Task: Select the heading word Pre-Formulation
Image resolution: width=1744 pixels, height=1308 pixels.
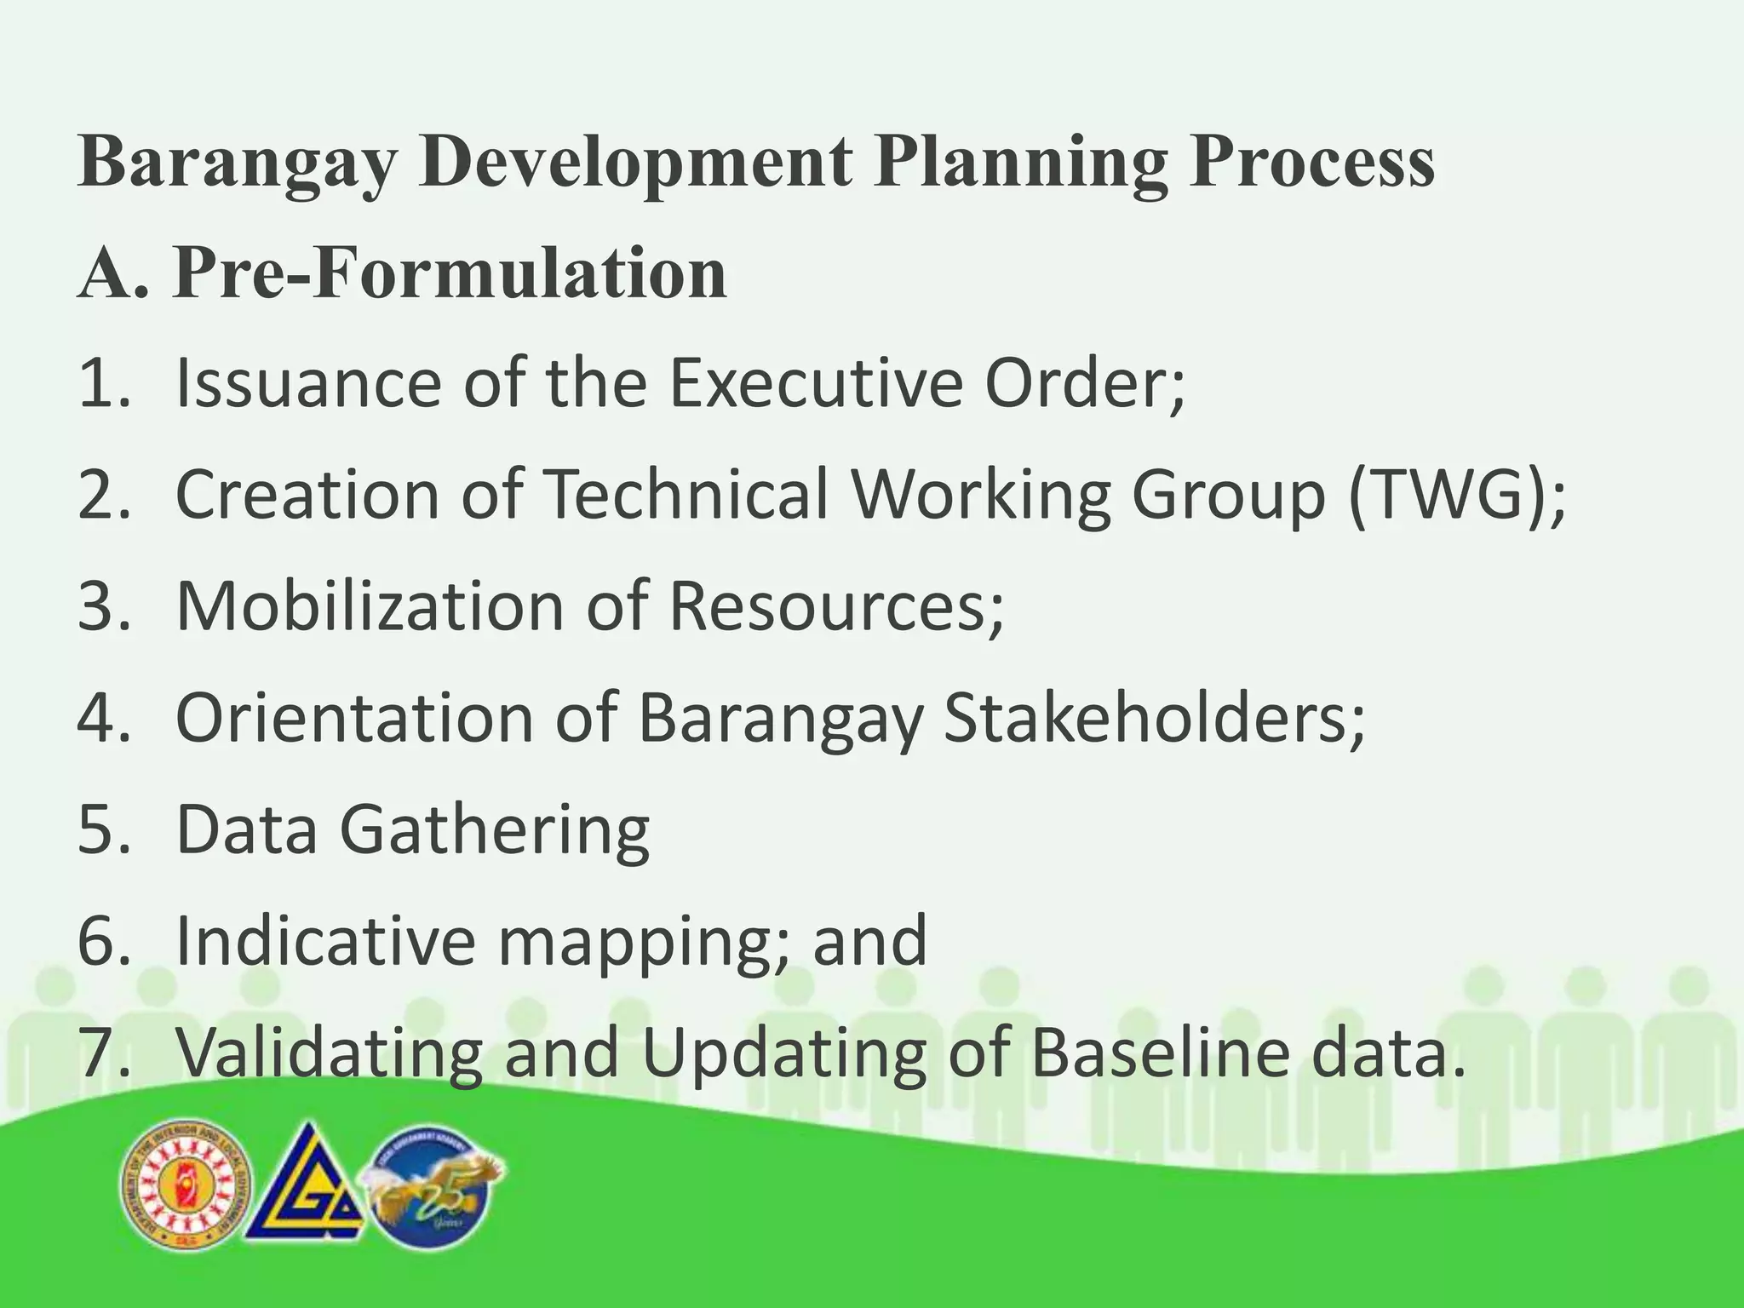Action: (450, 273)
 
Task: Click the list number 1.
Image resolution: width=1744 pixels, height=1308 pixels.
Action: (100, 383)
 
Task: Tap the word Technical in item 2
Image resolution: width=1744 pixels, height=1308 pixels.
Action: (686, 496)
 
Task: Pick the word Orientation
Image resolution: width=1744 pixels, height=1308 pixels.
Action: (354, 718)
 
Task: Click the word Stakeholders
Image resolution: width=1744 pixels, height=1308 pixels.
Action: (1154, 718)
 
